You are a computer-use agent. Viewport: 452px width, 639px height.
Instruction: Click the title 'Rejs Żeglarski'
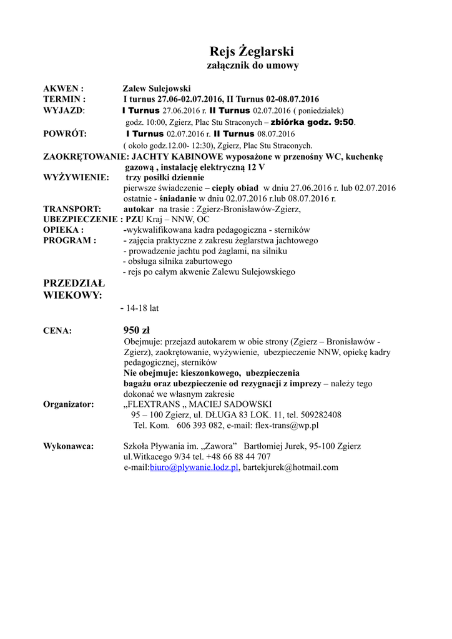point(252,51)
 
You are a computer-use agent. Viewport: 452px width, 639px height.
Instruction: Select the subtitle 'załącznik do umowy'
point(252,65)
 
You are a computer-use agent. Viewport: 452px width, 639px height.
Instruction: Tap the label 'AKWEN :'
point(63,89)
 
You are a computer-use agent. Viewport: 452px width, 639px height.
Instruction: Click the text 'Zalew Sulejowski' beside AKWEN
point(156,89)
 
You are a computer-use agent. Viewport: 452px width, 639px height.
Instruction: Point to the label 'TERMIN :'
point(64,99)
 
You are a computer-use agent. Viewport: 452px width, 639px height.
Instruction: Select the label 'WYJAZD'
point(63,110)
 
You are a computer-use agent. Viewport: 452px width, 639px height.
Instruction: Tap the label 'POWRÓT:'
point(65,134)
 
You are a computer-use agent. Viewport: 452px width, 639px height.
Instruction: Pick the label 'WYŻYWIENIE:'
point(76,177)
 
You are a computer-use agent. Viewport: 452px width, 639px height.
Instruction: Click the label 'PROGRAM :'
point(69,240)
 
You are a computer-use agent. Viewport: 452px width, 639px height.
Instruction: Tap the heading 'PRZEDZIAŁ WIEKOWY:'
point(74,289)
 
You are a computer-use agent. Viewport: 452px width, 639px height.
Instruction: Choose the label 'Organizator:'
point(69,404)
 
